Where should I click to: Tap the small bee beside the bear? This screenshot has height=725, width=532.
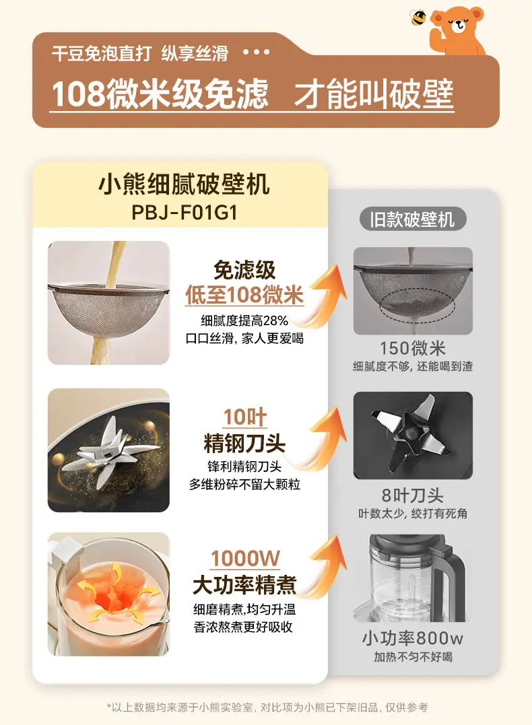[418, 18]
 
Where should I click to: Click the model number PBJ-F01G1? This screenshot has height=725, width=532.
[184, 212]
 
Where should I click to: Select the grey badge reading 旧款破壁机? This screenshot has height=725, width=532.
[412, 219]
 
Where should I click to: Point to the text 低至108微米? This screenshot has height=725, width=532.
[244, 295]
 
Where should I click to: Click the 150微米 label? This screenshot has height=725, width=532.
[412, 348]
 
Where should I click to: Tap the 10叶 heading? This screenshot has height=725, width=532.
[244, 417]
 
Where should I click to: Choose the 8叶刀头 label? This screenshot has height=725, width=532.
[412, 495]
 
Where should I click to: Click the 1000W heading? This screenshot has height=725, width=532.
[245, 559]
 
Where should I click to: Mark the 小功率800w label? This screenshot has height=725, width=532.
[412, 639]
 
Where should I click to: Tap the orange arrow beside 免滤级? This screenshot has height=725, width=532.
[324, 294]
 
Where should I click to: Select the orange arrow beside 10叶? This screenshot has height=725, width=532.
[324, 437]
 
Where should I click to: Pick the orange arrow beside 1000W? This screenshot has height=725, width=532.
[324, 566]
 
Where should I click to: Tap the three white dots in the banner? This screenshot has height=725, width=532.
[257, 52]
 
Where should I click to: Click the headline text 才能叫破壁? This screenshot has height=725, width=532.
[374, 94]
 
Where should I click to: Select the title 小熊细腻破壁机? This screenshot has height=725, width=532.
[184, 184]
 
